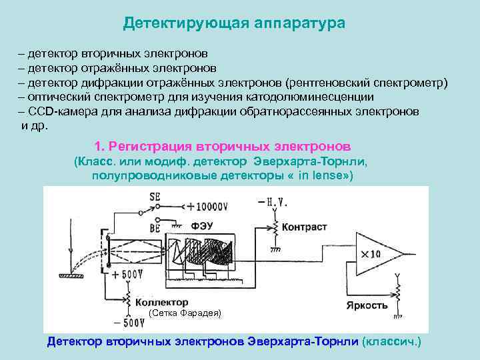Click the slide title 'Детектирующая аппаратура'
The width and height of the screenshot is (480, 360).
tap(234, 23)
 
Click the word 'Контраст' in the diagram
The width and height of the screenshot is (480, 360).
tap(304, 227)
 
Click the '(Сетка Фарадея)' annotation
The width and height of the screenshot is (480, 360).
tap(185, 313)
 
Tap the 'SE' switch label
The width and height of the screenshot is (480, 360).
tap(155, 197)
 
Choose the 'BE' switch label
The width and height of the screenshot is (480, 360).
tap(155, 227)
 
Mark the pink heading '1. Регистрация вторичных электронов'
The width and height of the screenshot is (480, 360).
tap(223, 145)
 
